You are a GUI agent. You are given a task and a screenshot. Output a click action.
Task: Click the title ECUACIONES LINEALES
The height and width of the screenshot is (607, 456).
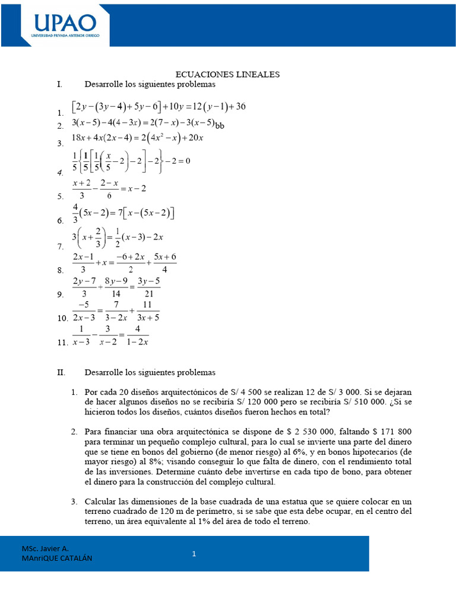tap(227, 75)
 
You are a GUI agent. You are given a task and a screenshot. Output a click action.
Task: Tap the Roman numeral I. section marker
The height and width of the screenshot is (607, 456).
tap(60, 85)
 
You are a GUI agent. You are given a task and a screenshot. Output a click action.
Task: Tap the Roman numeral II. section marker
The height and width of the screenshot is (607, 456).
tap(61, 373)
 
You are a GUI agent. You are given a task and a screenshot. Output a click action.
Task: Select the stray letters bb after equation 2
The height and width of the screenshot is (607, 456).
tap(220, 125)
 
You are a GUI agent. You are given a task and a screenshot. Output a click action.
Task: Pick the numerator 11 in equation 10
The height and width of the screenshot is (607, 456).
tap(148, 305)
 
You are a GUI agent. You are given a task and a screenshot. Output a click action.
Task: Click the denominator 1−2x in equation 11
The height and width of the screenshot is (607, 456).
tap(138, 341)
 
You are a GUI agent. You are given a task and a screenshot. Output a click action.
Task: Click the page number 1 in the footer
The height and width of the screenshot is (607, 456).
tap(194, 554)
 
